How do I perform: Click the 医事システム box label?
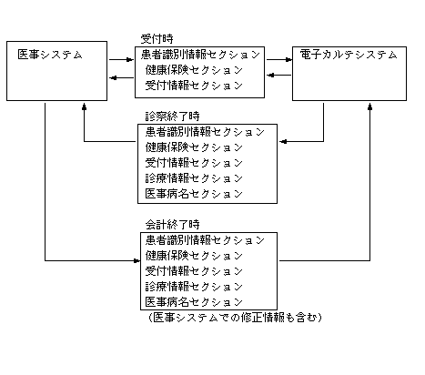[50, 55]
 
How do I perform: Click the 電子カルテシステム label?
[349, 55]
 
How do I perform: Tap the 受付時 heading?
[157, 39]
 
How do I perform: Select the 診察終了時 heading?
[172, 117]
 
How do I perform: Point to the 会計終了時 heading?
[172, 225]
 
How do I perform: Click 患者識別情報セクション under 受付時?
[200, 55]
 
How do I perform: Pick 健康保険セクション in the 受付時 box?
[194, 70]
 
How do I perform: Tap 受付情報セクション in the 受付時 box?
[194, 86]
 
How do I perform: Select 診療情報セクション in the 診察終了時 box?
[194, 178]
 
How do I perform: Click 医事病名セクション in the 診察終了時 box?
[194, 194]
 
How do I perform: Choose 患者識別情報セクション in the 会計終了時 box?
[205, 240]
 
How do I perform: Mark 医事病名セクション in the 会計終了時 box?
[194, 302]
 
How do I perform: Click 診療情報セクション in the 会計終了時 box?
[194, 287]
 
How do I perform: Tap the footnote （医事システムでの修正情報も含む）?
[235, 318]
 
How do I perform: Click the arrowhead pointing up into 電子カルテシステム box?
[369, 106]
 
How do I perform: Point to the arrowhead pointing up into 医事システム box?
[84, 106]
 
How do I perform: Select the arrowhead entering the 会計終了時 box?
[137, 260]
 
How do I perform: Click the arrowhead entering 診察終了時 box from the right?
[283, 141]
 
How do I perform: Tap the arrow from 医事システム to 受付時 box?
[121, 60]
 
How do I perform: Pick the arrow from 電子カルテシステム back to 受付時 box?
[279, 75]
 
